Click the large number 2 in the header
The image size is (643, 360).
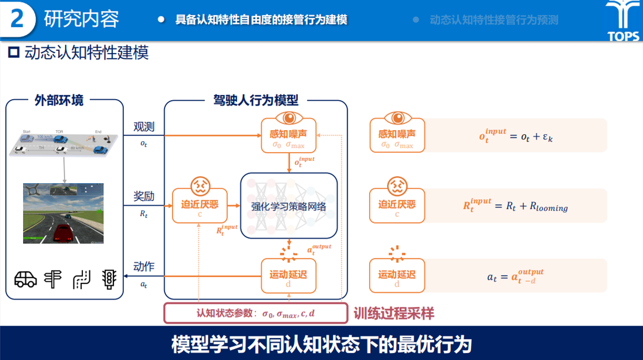17,19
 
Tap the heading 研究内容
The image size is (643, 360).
81,19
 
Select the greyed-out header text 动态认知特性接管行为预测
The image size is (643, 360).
494,20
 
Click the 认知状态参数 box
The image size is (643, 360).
256,314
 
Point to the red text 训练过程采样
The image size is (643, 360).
394,314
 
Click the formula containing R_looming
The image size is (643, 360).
515,205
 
